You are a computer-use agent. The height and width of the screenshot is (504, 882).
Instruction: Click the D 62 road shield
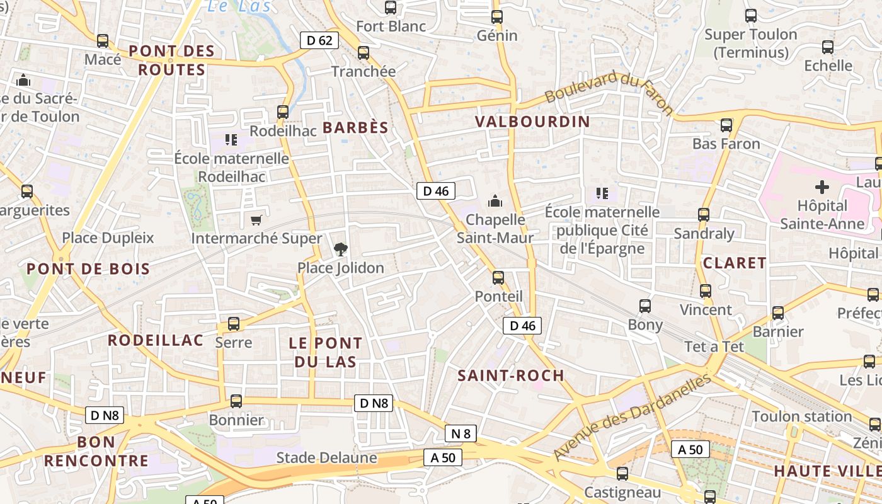point(319,40)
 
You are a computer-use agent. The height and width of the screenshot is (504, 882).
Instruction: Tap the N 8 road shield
point(461,433)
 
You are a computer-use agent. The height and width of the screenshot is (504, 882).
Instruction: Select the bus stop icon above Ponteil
point(498,277)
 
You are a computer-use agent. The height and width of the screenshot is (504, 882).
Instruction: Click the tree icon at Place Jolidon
point(340,249)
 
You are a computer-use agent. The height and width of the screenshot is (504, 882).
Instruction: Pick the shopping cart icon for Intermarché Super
point(256,220)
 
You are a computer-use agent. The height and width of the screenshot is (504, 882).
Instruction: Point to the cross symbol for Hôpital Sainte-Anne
point(822,187)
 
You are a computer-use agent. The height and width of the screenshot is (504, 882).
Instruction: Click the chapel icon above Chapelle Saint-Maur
point(495,201)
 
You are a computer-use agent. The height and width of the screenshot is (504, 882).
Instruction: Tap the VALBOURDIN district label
point(532,122)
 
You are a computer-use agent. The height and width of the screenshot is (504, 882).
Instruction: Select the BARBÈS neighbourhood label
point(355,127)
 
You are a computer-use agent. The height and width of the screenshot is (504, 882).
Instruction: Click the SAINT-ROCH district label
point(511,375)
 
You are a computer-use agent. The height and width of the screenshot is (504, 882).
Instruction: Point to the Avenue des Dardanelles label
point(632,416)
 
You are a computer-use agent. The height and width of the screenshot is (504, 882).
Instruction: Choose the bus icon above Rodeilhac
point(283,112)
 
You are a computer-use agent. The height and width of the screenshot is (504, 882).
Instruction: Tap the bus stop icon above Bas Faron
point(726,125)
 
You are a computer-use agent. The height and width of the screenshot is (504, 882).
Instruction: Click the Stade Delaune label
point(326,458)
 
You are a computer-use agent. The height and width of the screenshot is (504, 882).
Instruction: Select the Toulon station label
point(801,416)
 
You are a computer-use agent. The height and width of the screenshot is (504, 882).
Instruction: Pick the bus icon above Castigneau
point(622,474)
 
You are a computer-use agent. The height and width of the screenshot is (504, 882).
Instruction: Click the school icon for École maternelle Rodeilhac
point(231,139)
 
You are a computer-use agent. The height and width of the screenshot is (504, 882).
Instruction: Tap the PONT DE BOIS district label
point(88,269)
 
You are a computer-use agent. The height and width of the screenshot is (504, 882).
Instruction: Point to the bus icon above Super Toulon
point(751,16)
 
